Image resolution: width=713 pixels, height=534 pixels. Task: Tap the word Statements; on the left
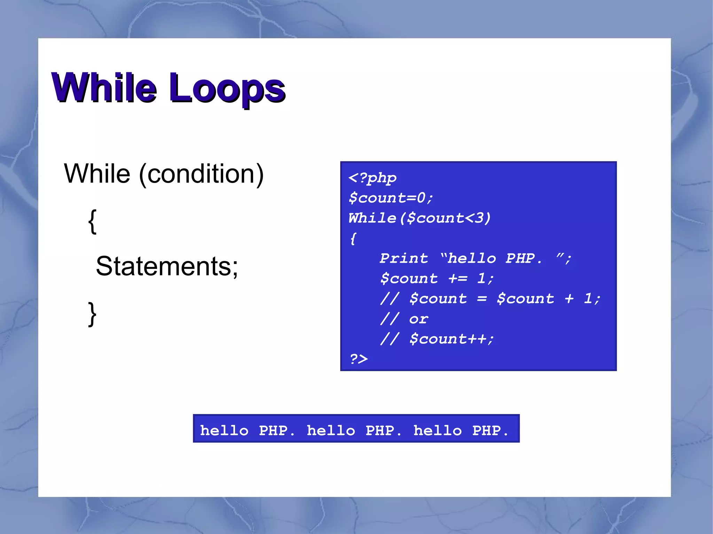(x=167, y=266)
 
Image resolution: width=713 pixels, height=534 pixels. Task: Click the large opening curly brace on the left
(x=92, y=222)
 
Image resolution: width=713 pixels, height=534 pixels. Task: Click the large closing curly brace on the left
(x=92, y=314)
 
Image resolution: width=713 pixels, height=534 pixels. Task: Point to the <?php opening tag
(x=372, y=178)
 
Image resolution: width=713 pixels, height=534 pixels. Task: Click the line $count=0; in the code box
(x=391, y=198)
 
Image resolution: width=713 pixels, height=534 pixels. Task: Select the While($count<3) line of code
(x=420, y=218)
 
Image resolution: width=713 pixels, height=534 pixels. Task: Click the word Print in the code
(x=404, y=258)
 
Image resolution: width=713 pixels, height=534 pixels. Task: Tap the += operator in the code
(x=458, y=279)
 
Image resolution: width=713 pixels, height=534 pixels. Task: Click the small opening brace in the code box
(x=353, y=239)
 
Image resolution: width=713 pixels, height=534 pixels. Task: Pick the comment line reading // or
(x=404, y=319)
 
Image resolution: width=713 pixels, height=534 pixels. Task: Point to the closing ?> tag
(x=359, y=359)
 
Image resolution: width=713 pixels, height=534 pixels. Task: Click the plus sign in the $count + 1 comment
(x=569, y=299)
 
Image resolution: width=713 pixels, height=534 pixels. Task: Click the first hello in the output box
(x=224, y=431)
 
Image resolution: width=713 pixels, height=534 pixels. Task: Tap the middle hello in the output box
(x=331, y=431)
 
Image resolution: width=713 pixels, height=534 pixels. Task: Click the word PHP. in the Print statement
(x=524, y=258)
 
